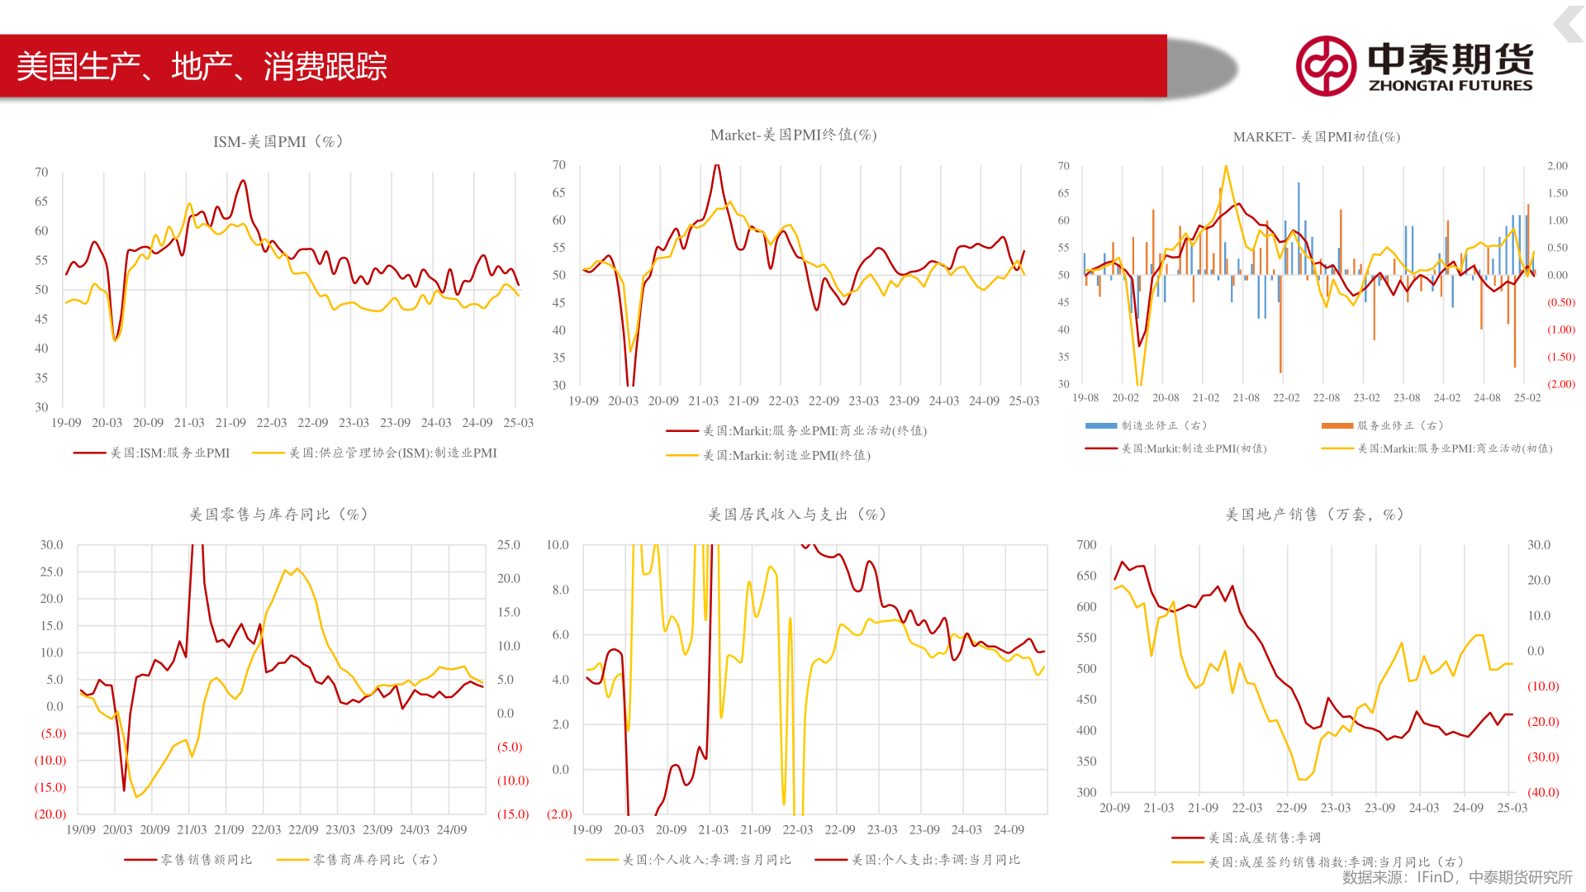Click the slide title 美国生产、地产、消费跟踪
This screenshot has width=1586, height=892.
click(202, 66)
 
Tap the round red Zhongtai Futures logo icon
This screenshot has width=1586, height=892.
click(1326, 66)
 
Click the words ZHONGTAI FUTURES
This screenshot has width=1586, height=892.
click(1450, 85)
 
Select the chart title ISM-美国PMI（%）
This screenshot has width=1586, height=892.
click(278, 141)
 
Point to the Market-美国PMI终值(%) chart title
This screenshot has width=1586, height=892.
click(793, 135)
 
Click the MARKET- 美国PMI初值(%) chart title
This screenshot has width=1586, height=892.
click(1316, 136)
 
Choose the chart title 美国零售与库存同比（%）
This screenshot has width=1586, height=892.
click(278, 514)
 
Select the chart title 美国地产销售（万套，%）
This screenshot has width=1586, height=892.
click(1314, 514)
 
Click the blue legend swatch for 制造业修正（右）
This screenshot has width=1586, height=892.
click(1100, 425)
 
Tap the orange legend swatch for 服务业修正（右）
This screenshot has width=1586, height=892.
click(1337, 425)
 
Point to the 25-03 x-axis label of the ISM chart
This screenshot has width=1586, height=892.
click(518, 423)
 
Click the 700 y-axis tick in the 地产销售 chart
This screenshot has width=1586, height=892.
click(1086, 545)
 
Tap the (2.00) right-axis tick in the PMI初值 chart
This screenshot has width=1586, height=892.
click(1560, 384)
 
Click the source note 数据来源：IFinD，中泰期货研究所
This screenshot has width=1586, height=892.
click(1456, 877)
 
